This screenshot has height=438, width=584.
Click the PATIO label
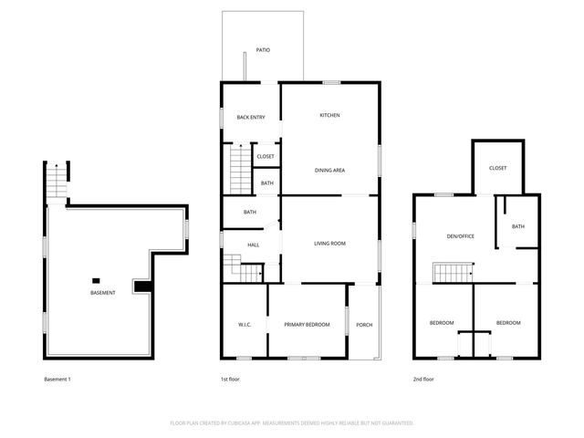tap(262, 50)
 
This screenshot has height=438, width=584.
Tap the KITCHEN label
tap(329, 115)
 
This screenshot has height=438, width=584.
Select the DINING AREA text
tap(329, 171)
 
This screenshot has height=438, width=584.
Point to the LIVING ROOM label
tap(329, 243)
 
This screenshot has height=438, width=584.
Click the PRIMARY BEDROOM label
tap(306, 324)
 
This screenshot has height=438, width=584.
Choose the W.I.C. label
tap(245, 324)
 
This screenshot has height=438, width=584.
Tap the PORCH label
tap(364, 324)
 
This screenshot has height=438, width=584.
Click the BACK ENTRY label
tap(250, 117)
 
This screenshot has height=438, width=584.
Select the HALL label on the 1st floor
tap(253, 245)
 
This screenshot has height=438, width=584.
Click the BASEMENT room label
tap(102, 293)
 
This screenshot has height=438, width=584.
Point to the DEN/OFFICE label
tap(460, 236)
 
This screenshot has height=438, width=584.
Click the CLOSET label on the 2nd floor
tap(497, 168)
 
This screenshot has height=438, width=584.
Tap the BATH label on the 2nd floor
tap(517, 226)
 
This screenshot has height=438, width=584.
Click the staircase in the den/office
tap(451, 273)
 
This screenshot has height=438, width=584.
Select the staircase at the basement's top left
tap(57, 180)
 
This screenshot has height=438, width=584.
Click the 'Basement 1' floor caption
tap(57, 379)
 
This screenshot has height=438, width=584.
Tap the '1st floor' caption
tap(230, 379)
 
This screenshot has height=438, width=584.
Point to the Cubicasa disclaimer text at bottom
tap(292, 423)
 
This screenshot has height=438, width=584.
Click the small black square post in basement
tap(96, 280)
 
